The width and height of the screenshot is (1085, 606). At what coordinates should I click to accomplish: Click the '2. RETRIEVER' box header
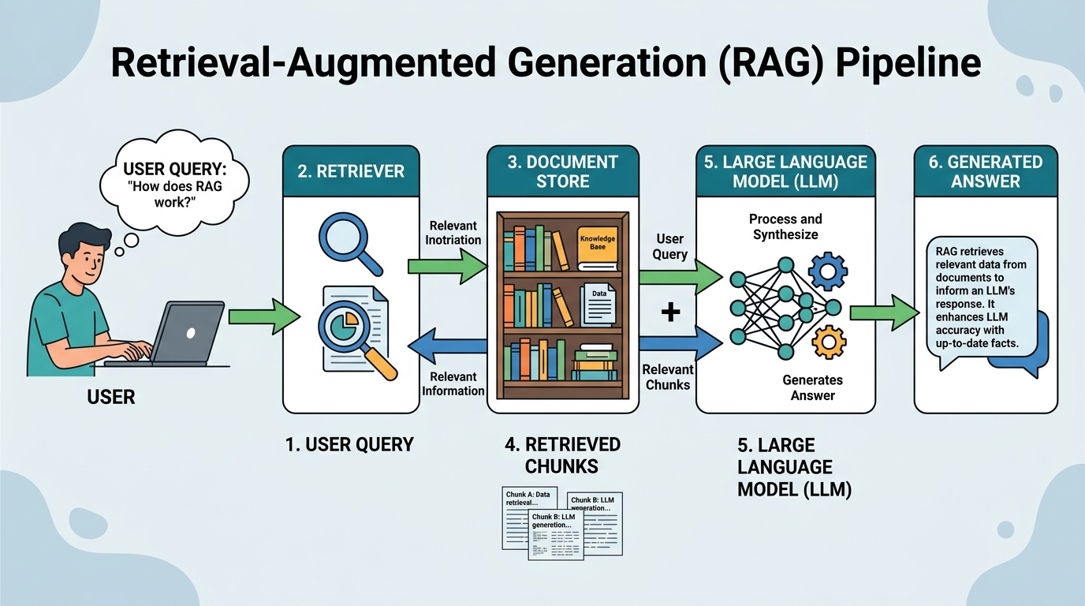click(351, 171)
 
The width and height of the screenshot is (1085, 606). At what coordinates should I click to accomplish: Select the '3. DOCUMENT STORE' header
click(562, 171)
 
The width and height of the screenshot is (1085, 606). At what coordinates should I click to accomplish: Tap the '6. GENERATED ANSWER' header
click(985, 171)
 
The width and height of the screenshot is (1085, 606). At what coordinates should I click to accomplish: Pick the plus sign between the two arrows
click(670, 312)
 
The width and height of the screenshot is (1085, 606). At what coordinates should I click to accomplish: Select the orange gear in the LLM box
click(828, 342)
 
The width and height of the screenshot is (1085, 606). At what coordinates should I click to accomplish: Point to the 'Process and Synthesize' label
click(785, 226)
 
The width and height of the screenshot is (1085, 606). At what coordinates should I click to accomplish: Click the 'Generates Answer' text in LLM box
click(812, 387)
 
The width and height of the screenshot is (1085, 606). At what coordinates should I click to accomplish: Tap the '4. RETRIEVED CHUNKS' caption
click(562, 455)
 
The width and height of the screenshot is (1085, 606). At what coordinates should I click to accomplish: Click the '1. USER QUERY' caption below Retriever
click(349, 444)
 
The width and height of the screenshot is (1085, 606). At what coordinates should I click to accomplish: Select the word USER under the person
click(111, 397)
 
